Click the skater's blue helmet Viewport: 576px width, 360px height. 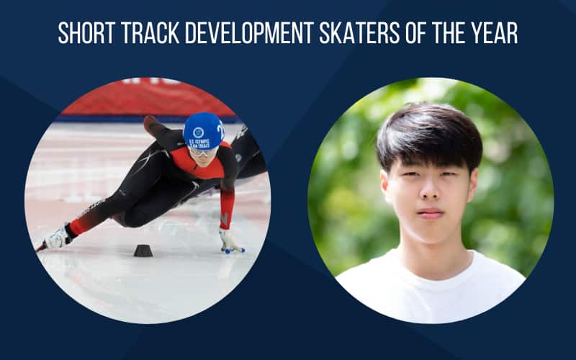(202, 130)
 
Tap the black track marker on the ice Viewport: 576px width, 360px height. (143, 250)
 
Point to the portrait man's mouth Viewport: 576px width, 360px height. (431, 214)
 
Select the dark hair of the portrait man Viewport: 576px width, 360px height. (428, 133)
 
